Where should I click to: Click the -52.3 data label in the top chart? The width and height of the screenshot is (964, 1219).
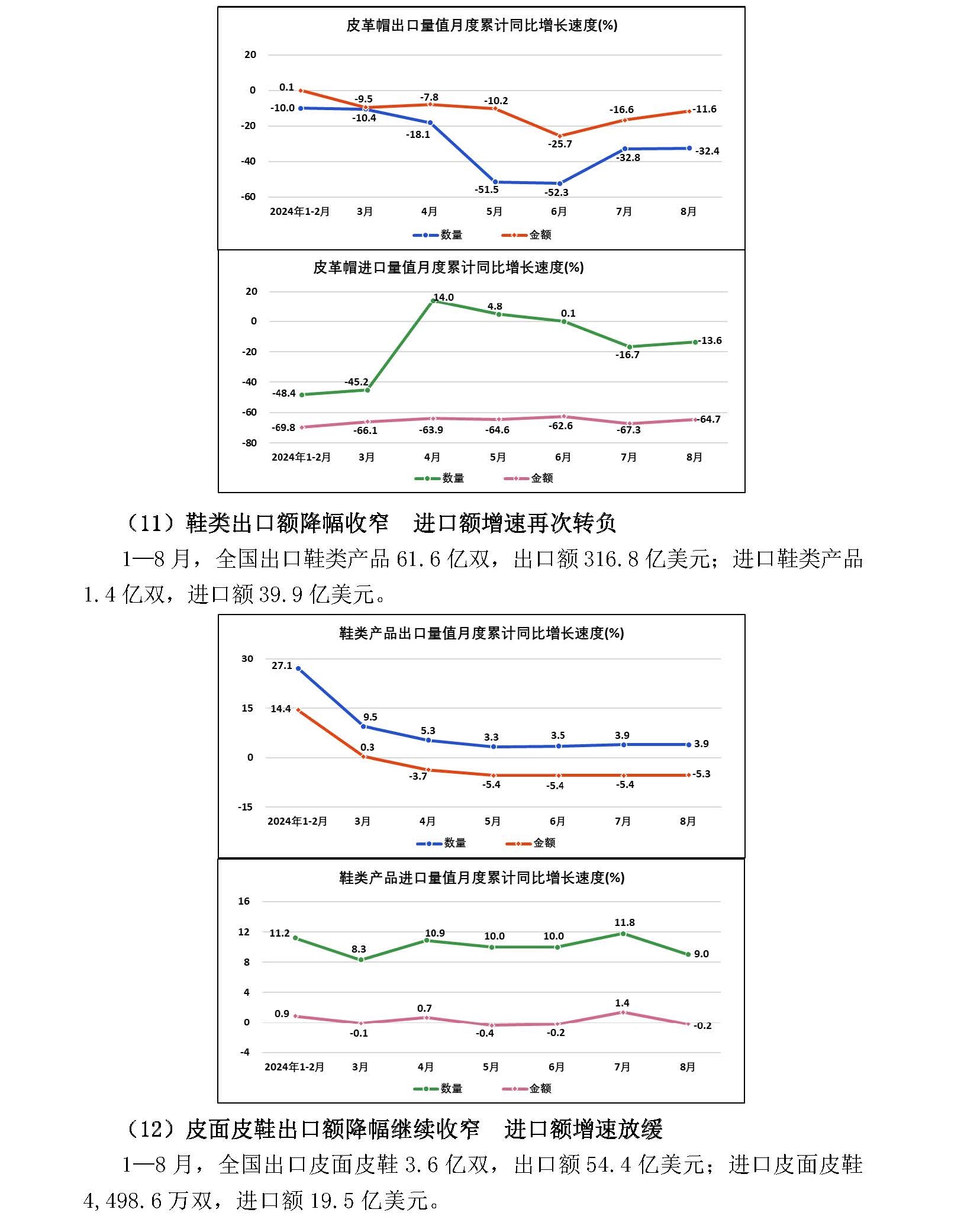coord(556,192)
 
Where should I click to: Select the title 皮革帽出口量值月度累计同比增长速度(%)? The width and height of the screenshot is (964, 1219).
coord(482,25)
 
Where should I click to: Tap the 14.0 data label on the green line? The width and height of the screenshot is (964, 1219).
coord(443,297)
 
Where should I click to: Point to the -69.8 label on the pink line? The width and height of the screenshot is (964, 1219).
coord(283,427)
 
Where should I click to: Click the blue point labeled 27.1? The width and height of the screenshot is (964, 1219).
coord(298,668)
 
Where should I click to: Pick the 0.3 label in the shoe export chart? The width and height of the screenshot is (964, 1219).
coord(367,747)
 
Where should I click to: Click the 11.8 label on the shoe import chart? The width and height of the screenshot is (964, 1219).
coord(624,922)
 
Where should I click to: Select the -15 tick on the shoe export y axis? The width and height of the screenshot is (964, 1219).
coord(245,807)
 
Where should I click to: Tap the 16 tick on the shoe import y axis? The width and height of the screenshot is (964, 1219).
coord(244,901)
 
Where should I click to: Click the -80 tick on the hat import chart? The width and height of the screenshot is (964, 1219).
coord(250,443)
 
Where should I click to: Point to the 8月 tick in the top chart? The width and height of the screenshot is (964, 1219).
coord(688,211)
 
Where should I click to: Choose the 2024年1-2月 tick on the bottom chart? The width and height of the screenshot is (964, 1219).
coord(294,1067)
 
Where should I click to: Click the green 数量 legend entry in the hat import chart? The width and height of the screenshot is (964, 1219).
coord(439,478)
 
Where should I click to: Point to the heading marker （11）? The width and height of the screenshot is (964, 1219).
coord(153,523)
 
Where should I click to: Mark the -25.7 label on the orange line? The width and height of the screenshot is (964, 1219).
coord(560,144)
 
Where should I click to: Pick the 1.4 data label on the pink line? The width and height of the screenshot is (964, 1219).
coord(622,1003)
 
